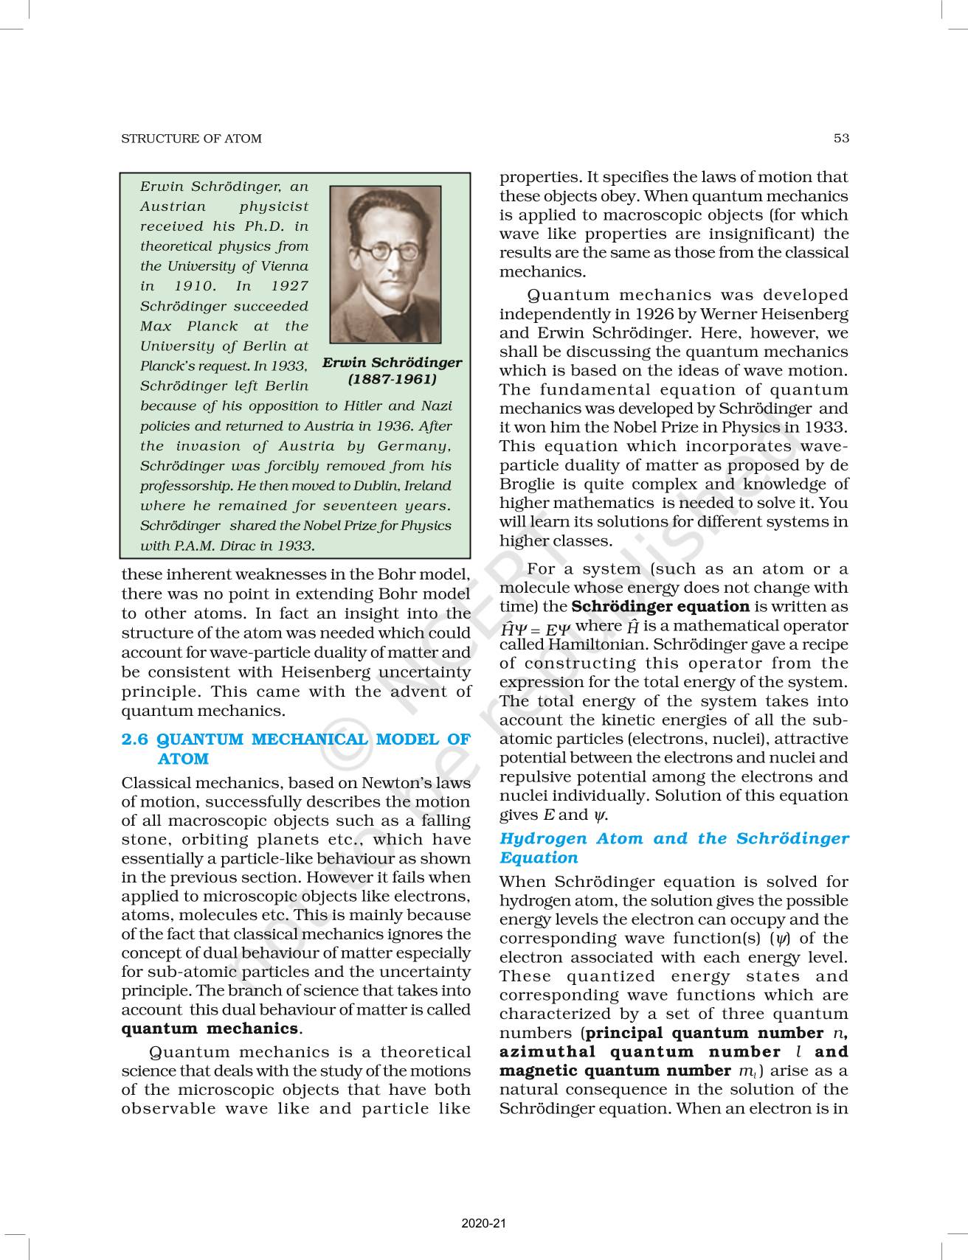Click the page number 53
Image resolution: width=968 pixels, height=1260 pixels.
pos(841,138)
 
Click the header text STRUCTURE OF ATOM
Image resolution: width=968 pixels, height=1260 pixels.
pos(191,139)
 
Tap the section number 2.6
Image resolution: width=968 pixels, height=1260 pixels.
pos(135,739)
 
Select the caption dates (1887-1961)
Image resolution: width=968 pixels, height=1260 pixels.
pos(392,379)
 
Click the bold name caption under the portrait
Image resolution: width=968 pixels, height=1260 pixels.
pos(392,362)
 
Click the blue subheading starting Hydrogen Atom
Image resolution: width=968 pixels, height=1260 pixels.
pos(674,848)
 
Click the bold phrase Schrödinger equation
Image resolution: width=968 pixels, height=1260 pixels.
pos(660,607)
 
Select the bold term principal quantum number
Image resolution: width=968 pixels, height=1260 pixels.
pos(704,1033)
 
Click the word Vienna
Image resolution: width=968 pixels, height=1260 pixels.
pos(283,266)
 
